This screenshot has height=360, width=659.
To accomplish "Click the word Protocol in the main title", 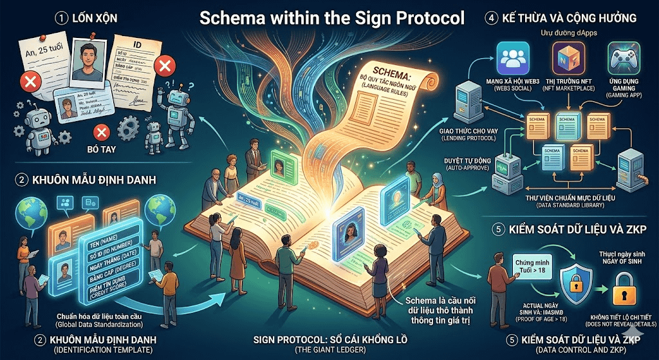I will click(426, 17).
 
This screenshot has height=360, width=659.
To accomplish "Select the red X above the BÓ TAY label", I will click(100, 133).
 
